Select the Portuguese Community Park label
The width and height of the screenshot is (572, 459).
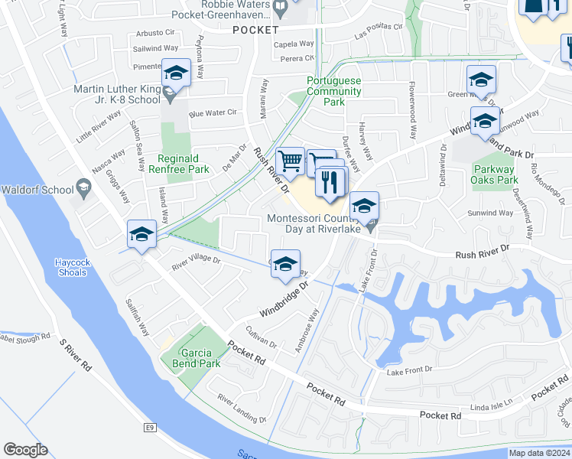(x=333, y=91)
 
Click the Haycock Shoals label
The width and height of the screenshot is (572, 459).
(x=76, y=266)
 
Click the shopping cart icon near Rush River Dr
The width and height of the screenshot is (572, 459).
(x=290, y=161)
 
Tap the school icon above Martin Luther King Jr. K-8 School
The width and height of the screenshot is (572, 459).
(x=176, y=73)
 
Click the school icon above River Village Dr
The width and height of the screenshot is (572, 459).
(x=141, y=234)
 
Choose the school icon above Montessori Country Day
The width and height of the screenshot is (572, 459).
(x=364, y=205)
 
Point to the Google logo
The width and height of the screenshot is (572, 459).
(x=25, y=449)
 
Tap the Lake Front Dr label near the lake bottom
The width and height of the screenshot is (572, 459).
(x=409, y=370)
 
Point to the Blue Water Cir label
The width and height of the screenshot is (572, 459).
(x=213, y=112)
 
